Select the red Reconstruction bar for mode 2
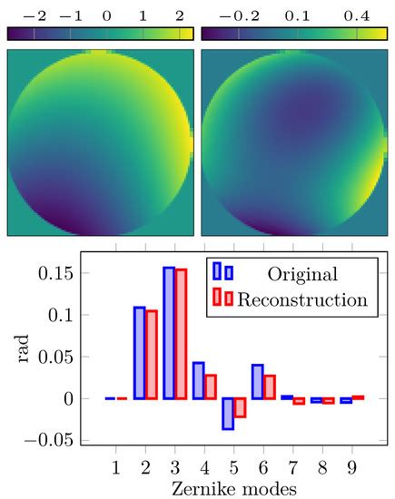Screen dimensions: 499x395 pos(152,355)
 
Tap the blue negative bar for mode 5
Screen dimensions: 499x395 pos(228,414)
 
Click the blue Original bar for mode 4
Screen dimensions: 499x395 pos(199,381)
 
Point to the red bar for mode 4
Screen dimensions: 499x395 pos(211,387)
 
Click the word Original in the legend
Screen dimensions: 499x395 pos(302,274)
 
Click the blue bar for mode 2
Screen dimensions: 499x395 pos(140,353)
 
